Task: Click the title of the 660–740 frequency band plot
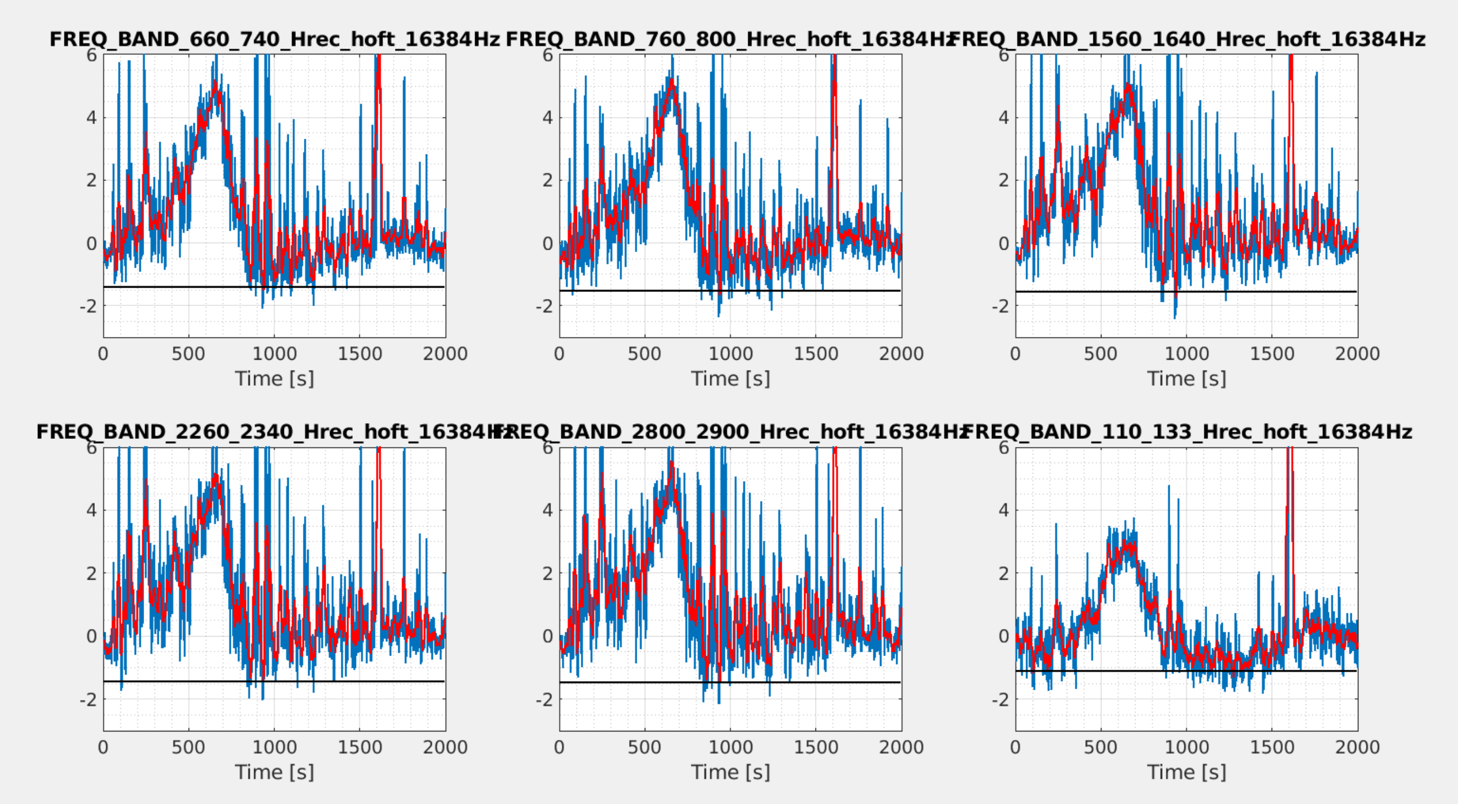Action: (275, 39)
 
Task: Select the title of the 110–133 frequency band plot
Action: (1187, 432)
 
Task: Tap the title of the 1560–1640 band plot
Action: (1189, 39)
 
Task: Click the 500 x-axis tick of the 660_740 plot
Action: (189, 354)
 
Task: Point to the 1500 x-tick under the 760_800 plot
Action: (815, 354)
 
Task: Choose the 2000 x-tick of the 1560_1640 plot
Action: (1357, 354)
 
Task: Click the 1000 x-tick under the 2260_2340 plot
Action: (274, 748)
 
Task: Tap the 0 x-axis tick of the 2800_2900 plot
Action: (559, 748)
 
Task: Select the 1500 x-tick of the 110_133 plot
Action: (1272, 748)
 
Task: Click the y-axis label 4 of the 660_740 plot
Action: (92, 118)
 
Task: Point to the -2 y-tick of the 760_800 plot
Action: (544, 306)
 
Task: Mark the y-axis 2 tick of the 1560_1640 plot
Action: (1003, 180)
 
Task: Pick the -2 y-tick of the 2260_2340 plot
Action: (88, 700)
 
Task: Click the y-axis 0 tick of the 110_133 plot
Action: (1003, 637)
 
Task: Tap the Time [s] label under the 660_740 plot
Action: (275, 379)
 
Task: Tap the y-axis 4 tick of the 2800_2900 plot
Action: (547, 510)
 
